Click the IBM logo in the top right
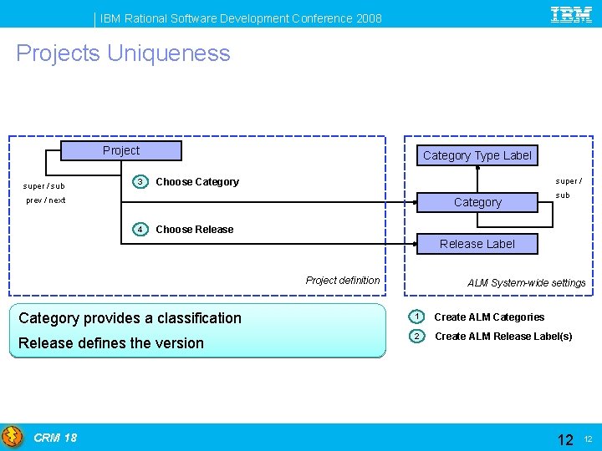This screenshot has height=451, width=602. click(x=571, y=14)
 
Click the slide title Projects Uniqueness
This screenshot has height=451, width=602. click(x=123, y=53)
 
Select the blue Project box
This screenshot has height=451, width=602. click(x=121, y=150)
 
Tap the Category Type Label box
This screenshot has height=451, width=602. click(x=477, y=155)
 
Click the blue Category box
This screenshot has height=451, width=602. click(x=477, y=202)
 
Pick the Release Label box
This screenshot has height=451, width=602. click(x=477, y=244)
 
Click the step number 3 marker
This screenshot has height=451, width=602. click(x=141, y=182)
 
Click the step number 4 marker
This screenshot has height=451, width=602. click(x=141, y=230)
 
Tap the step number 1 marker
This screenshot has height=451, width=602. click(x=416, y=317)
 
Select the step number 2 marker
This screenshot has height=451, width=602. click(x=416, y=336)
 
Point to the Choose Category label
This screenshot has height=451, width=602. click(x=197, y=182)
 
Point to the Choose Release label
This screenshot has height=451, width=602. click(x=195, y=230)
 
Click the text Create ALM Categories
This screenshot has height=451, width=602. click(x=489, y=317)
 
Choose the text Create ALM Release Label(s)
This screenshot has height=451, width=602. click(x=503, y=337)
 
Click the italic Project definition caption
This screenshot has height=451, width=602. click(x=343, y=281)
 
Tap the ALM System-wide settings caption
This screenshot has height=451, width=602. click(x=527, y=283)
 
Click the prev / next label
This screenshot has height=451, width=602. click(x=46, y=200)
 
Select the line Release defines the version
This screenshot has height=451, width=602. click(x=111, y=343)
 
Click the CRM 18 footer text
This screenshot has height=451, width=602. click(x=55, y=438)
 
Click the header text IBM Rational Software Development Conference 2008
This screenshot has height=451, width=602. click(x=242, y=18)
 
